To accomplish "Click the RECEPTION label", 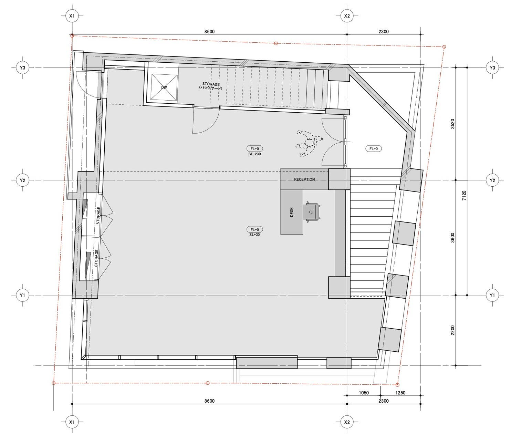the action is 304,179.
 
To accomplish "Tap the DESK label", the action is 292,212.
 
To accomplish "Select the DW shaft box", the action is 164,87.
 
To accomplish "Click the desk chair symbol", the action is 312,213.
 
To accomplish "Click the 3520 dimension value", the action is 452,124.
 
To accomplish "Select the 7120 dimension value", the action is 464,196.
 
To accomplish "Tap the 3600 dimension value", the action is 452,238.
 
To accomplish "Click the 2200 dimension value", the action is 452,330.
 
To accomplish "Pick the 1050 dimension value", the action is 364,393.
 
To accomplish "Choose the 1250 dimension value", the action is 400,393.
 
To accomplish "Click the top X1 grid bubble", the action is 72,16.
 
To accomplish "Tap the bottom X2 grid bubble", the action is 347,422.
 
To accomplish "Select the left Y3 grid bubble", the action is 22,68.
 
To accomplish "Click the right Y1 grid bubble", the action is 492,295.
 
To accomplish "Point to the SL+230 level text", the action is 254,154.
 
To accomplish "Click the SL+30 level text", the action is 254,235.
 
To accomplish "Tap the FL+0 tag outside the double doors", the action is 374,148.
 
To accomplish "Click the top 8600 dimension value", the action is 209,32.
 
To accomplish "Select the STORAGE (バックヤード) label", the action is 211,86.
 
